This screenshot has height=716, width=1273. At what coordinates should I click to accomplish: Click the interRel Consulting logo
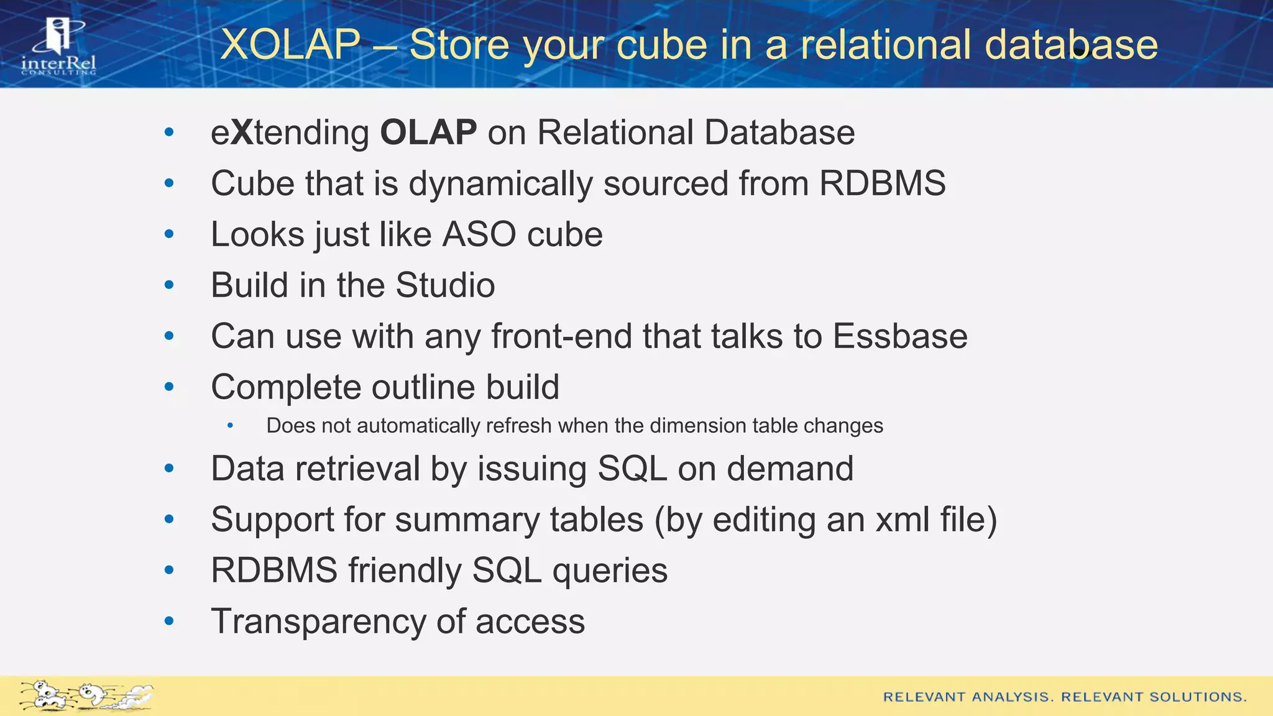[x=58, y=47]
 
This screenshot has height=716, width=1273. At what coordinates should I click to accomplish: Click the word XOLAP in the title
[x=290, y=45]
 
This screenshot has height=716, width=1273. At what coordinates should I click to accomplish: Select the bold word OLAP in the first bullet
[x=428, y=132]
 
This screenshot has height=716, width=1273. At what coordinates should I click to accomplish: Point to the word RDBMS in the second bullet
[x=882, y=183]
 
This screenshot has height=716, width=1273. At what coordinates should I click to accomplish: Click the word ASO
[x=479, y=234]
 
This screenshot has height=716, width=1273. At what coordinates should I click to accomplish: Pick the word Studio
[x=445, y=285]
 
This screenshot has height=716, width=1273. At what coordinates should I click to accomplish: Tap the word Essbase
[x=899, y=336]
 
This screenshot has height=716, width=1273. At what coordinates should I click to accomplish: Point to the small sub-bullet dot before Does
[x=230, y=426]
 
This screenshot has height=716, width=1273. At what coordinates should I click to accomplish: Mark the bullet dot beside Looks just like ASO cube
[x=169, y=234]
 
